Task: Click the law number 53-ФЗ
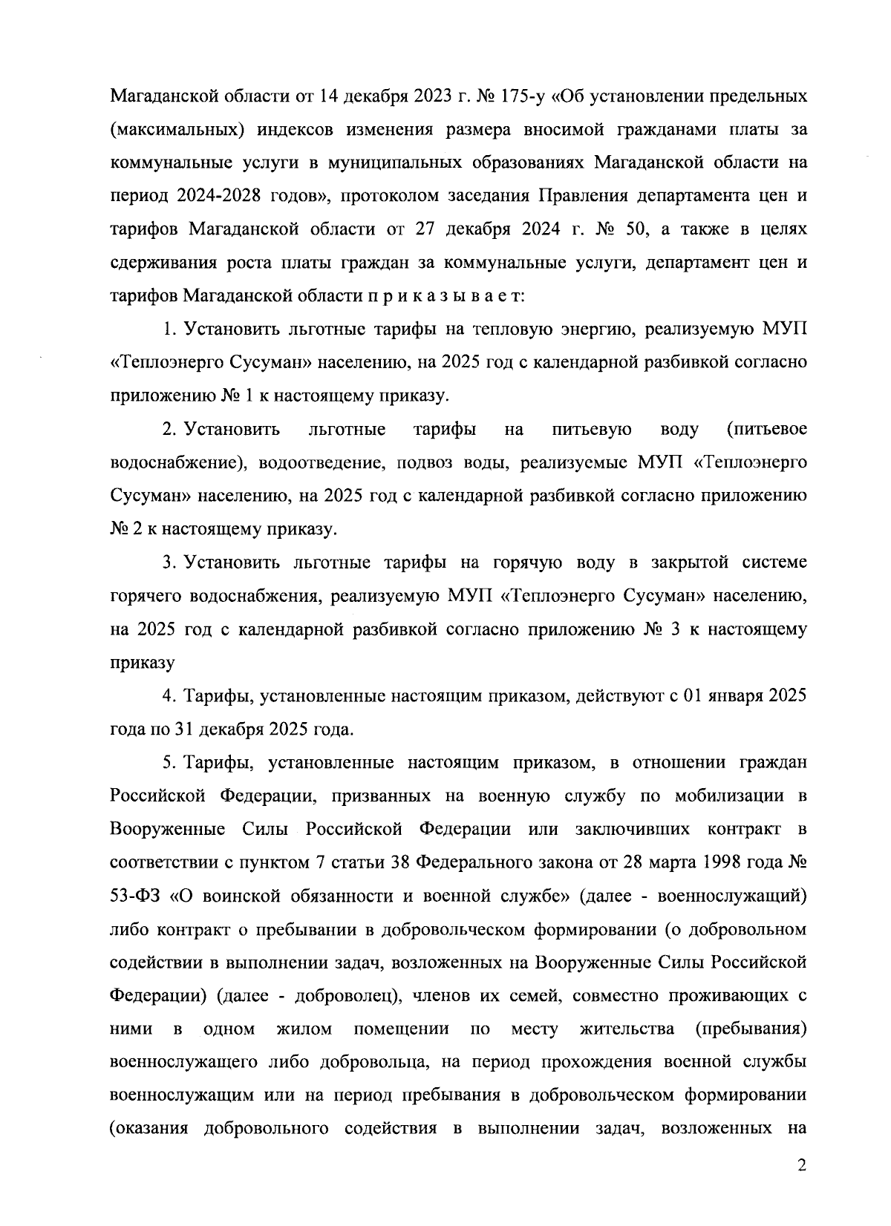coord(134,896)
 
